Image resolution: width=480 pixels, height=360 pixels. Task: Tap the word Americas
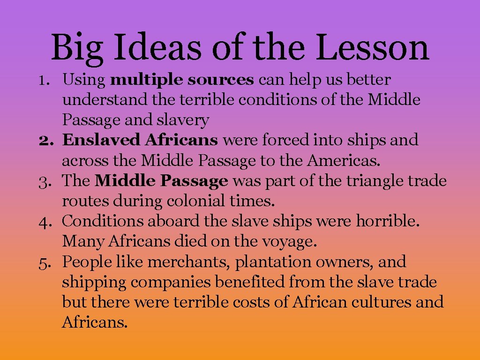[x=344, y=161]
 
